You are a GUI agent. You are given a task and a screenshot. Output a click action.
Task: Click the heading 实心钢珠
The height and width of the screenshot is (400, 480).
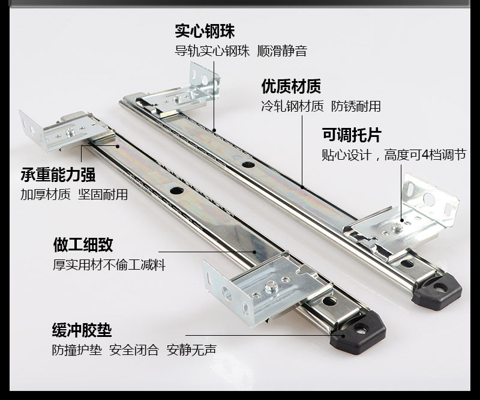[x=205, y=31]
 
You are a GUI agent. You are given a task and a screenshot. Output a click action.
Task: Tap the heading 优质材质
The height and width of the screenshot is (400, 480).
[x=291, y=86]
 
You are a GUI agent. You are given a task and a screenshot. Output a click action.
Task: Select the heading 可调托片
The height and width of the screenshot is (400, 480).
[x=351, y=135]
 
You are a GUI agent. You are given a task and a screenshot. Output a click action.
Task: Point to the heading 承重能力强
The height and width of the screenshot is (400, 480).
[x=58, y=175]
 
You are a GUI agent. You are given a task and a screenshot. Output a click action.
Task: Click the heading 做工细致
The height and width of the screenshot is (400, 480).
[x=83, y=244]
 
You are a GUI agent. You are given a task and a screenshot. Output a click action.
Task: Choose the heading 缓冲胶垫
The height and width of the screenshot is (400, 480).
[x=82, y=330]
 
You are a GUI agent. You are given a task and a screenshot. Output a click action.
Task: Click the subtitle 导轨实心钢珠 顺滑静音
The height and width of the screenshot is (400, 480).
[x=241, y=51]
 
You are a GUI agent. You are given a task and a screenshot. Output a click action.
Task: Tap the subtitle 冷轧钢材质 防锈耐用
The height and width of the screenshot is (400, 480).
[x=321, y=107]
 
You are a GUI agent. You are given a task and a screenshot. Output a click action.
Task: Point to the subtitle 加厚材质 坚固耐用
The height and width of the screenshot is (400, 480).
[x=74, y=195]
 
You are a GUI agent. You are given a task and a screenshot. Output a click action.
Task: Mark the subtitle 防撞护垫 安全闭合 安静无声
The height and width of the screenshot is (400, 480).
[x=134, y=350]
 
